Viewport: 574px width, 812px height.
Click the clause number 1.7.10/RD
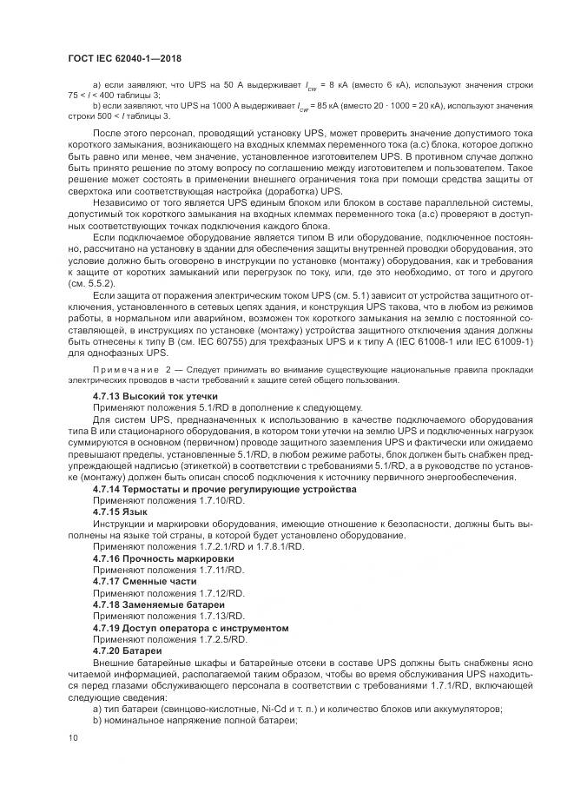point(205,501)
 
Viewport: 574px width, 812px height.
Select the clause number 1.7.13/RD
point(205,615)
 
